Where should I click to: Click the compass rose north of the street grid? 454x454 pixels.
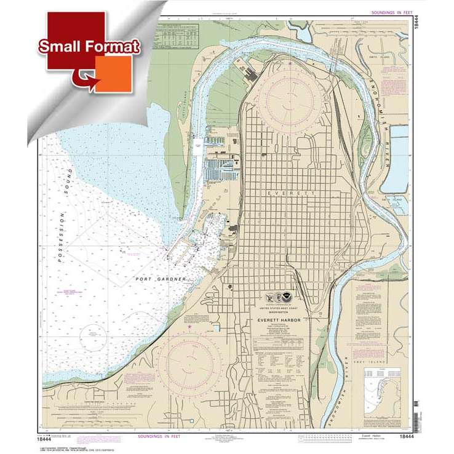point(287,95)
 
